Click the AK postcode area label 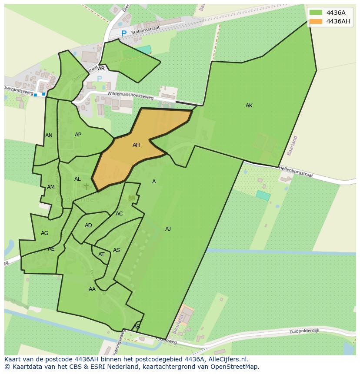(x=249, y=106)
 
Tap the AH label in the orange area (x=136, y=145)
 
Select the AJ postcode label (x=168, y=228)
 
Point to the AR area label (x=101, y=69)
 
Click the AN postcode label (x=49, y=136)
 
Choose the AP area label (x=78, y=135)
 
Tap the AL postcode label (x=77, y=179)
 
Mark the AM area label (x=51, y=187)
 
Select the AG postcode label (x=44, y=233)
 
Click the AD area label (x=88, y=225)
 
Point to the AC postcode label (x=119, y=214)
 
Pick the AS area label (x=117, y=250)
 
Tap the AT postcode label (x=101, y=255)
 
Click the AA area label (x=92, y=289)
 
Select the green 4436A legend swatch (x=316, y=13)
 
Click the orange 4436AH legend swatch (x=316, y=21)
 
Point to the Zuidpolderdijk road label (x=304, y=331)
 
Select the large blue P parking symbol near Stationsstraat (x=124, y=33)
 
